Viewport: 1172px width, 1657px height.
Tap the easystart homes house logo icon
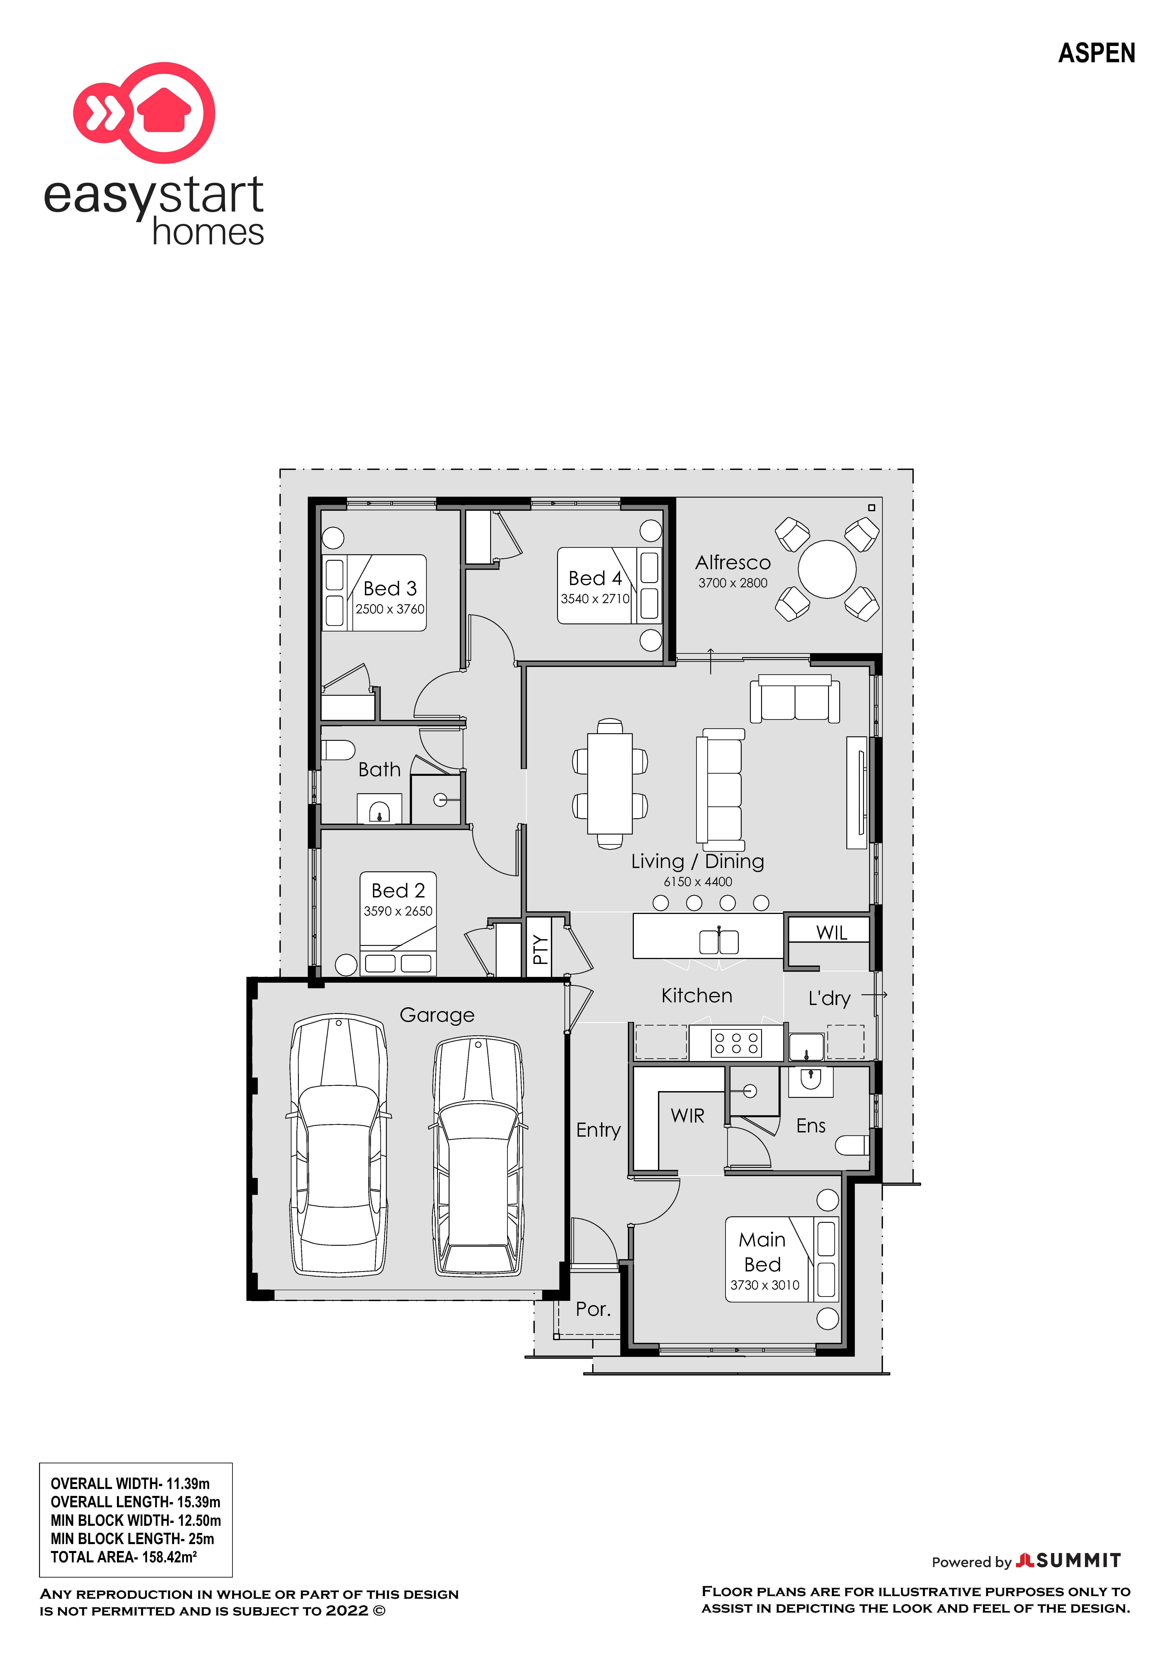[x=144, y=113]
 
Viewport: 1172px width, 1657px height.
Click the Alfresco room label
[x=733, y=562]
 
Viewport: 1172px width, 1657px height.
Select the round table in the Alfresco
[x=827, y=569]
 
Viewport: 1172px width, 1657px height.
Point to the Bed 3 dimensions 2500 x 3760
[x=390, y=609]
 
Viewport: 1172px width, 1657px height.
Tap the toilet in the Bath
[x=338, y=750]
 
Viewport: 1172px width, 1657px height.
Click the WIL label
[x=831, y=932]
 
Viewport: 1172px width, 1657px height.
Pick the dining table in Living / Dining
[x=610, y=784]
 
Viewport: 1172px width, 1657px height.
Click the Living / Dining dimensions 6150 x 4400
[x=698, y=882]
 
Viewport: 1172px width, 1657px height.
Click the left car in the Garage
[x=338, y=1145]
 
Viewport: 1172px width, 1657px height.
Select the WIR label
[x=687, y=1116]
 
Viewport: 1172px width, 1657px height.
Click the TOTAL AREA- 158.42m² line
[x=123, y=1557]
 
